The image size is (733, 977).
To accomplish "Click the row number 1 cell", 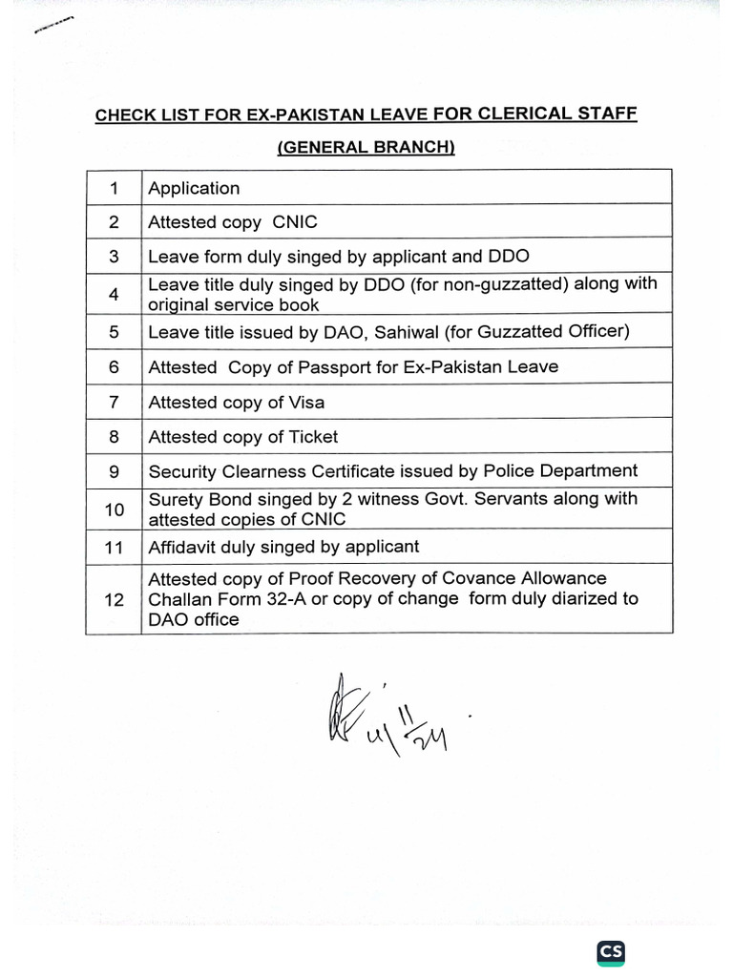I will (x=114, y=188).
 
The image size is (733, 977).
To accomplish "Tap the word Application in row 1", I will (x=194, y=188).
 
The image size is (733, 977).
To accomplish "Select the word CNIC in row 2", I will (x=295, y=222).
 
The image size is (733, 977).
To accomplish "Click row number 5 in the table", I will (x=114, y=332).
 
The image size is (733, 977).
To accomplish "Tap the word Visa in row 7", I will (x=305, y=403).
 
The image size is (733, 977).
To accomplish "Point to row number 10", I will (x=114, y=509).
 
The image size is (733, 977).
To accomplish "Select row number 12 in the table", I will (x=114, y=599).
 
